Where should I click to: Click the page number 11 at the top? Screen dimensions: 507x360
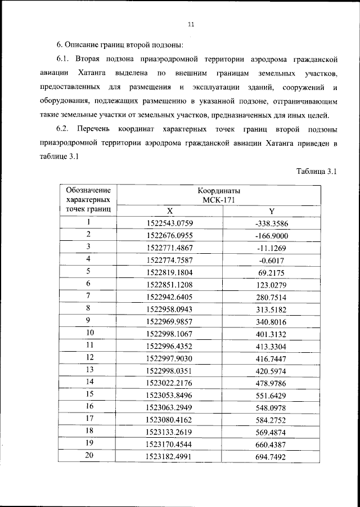(x=191, y=25)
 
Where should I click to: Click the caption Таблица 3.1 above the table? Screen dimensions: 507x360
(x=316, y=172)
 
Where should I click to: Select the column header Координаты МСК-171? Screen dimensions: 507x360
(x=221, y=195)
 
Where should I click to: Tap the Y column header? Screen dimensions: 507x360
(x=272, y=211)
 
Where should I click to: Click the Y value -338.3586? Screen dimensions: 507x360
(x=272, y=223)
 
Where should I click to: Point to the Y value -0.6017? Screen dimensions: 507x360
(x=272, y=259)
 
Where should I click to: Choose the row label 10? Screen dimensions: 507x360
(x=89, y=333)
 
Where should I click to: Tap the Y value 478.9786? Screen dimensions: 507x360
(x=272, y=382)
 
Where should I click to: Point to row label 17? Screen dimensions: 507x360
(x=89, y=418)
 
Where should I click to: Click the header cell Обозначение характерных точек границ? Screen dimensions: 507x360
(x=88, y=200)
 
